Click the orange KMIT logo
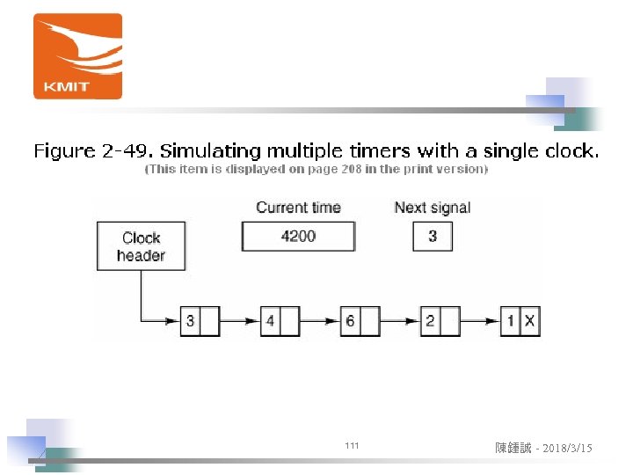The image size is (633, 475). (77, 56)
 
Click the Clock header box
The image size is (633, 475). (141, 246)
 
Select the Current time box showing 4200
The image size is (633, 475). (298, 236)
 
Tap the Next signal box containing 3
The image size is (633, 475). (433, 236)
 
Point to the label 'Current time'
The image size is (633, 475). (298, 208)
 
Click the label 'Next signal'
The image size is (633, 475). (433, 208)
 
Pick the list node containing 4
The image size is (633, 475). (280, 321)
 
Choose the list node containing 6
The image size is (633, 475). (360, 321)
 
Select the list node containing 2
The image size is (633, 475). (440, 321)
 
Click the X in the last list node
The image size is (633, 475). (529, 321)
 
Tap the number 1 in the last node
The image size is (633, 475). (511, 321)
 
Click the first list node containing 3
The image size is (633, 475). (200, 321)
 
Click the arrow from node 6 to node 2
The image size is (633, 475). (400, 321)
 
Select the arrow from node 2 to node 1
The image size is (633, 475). (480, 321)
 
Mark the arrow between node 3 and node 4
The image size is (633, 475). (240, 321)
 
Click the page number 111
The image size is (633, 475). (352, 447)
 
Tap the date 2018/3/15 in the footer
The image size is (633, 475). (567, 449)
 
